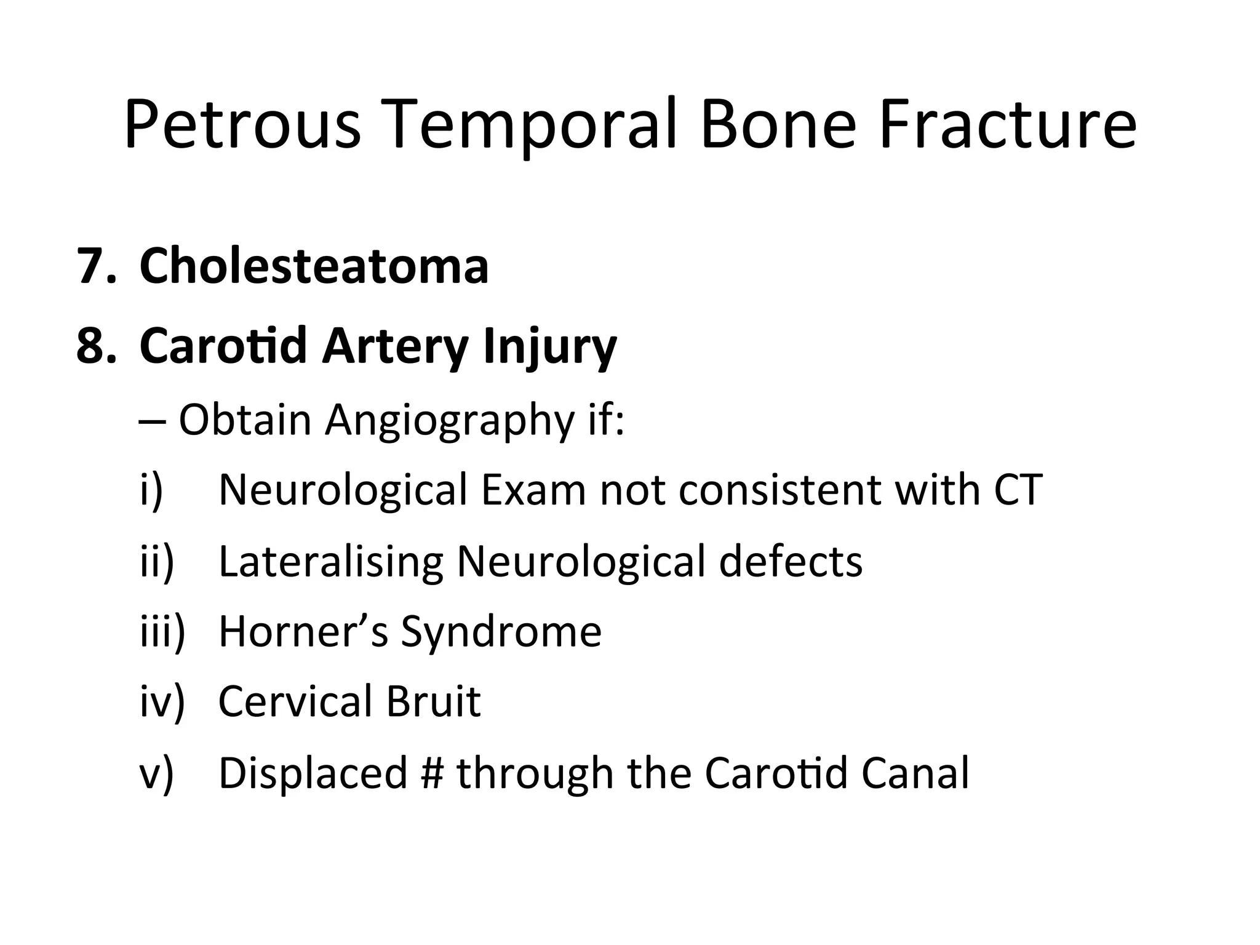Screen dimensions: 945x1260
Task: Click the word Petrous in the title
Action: (x=242, y=125)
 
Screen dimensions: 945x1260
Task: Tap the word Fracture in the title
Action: (x=1008, y=125)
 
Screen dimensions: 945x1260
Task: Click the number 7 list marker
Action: (x=95, y=266)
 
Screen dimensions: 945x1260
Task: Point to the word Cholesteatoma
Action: (x=314, y=266)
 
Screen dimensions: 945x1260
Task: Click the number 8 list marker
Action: (x=95, y=346)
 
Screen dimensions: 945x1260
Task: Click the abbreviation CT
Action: (x=1018, y=490)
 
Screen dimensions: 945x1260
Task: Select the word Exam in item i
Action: (x=533, y=490)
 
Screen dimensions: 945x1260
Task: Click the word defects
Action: (x=790, y=562)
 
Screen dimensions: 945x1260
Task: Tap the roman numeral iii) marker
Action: (x=162, y=632)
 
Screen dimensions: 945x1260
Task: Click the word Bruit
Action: (x=433, y=701)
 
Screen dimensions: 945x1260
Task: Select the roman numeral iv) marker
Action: (x=162, y=701)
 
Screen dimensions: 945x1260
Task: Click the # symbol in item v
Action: (x=433, y=773)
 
